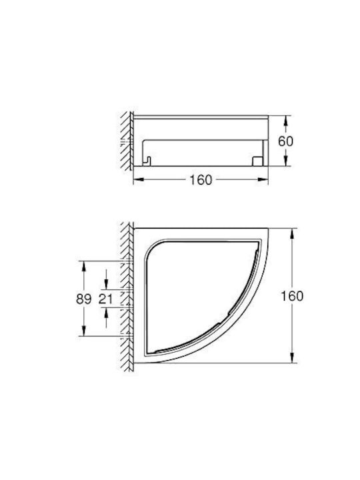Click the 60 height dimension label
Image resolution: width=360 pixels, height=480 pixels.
pyautogui.click(x=285, y=141)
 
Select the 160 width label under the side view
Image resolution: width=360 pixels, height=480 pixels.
pyautogui.click(x=201, y=180)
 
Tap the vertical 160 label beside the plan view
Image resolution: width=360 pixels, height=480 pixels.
pyautogui.click(x=292, y=296)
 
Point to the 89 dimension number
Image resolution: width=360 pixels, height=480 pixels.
pyautogui.click(x=83, y=299)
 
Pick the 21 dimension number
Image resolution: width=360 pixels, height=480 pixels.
pyautogui.click(x=105, y=299)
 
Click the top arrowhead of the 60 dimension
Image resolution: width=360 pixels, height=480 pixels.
pyautogui.click(x=285, y=120)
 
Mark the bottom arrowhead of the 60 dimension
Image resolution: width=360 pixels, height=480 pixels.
pyautogui.click(x=285, y=161)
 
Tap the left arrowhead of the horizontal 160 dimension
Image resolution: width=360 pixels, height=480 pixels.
pyautogui.click(x=139, y=180)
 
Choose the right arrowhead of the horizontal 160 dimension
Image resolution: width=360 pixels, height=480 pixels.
pyautogui.click(x=263, y=180)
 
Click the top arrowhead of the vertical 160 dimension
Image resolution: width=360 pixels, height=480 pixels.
pyautogui.click(x=293, y=233)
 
